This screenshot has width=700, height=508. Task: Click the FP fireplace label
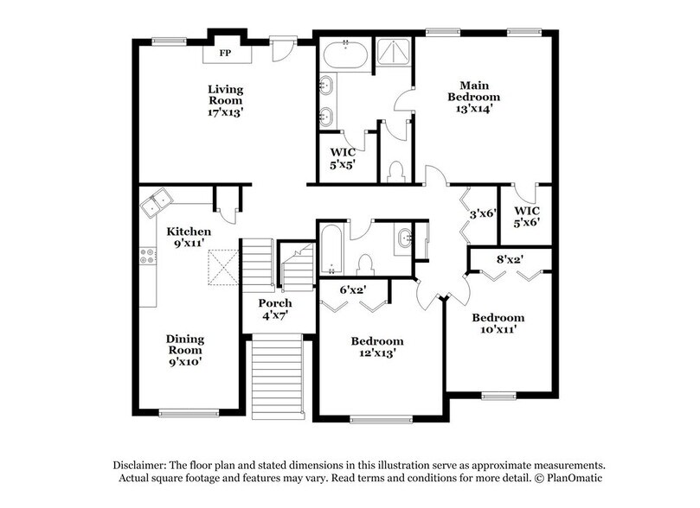[x=224, y=54]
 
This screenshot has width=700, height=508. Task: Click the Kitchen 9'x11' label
[x=189, y=238]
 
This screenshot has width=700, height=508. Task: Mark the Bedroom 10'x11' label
[x=498, y=324]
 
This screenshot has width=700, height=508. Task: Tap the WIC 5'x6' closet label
[x=527, y=215]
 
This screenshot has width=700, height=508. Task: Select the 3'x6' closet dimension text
[x=482, y=213]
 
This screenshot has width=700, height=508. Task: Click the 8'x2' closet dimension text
[x=508, y=257]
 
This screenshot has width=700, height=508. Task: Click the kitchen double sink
[x=157, y=204]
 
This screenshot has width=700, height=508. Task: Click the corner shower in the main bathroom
[x=393, y=54]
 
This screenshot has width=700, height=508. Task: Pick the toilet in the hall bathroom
[x=365, y=264]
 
